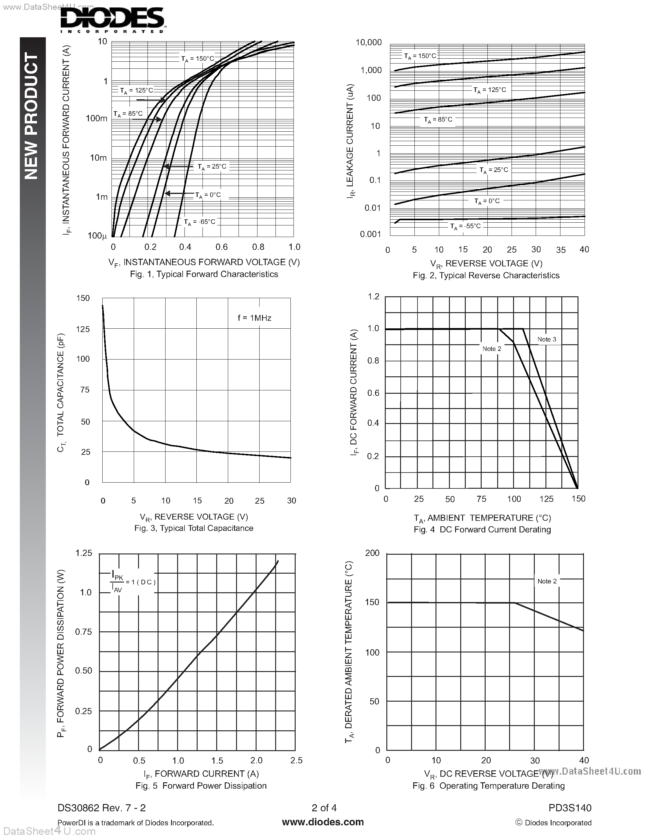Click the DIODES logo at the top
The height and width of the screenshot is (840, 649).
pos(112,20)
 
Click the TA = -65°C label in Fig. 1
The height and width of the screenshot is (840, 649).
pos(199,222)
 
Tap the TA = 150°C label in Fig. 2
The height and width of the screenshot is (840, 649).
pos(420,56)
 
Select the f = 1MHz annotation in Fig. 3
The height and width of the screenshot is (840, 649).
pos(254,318)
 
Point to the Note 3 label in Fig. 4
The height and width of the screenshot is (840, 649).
pos(547,339)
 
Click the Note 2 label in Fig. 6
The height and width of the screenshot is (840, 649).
pos(547,581)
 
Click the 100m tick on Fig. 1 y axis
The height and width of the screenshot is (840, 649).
pos(97,119)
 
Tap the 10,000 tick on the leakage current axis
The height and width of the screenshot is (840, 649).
pos(369,42)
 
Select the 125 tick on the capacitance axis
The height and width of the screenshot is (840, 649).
pos(83,329)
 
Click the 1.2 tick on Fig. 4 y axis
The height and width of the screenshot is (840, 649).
pos(373,297)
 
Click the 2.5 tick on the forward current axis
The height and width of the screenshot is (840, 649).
pos(297,760)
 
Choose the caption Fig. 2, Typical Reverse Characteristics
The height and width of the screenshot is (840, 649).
pos(486,276)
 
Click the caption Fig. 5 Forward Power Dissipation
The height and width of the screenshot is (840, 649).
pos(201,786)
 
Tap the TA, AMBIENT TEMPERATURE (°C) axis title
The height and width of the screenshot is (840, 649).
pos(482,518)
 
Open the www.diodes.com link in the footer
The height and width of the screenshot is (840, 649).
pos(323,822)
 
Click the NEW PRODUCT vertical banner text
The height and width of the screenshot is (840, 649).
pos(32,115)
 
